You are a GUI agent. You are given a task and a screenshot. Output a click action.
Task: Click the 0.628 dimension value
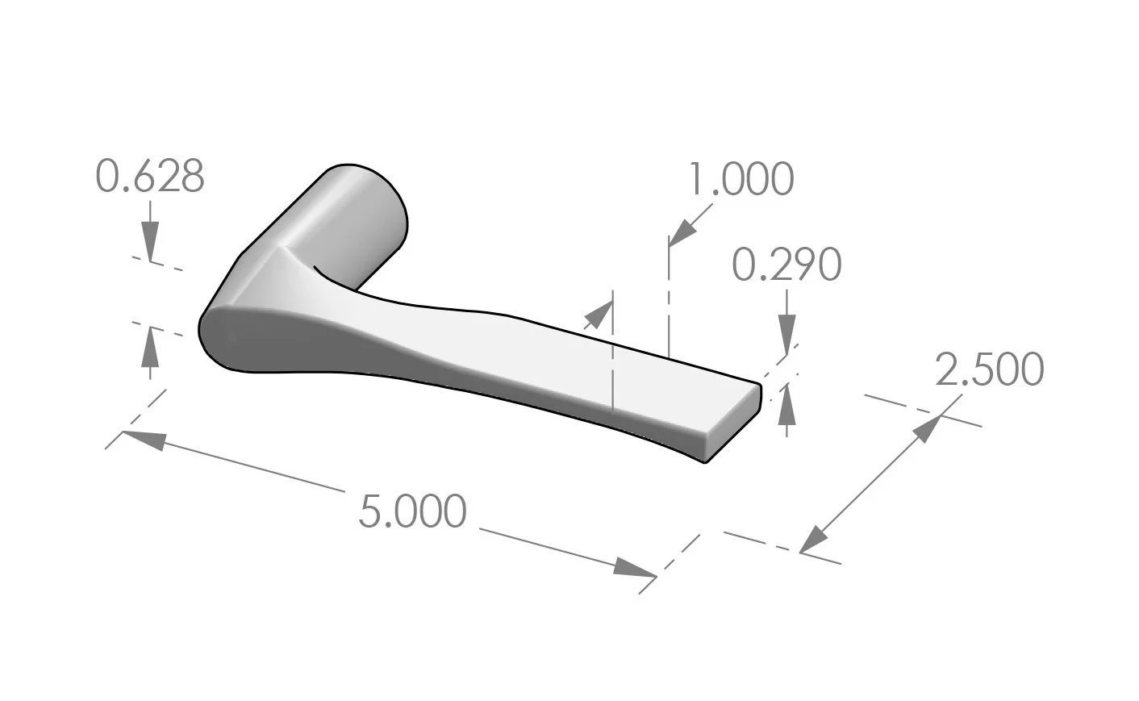(150, 177)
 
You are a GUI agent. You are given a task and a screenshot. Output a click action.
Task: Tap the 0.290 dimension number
(786, 265)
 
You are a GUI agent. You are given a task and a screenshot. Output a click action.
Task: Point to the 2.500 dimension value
(989, 369)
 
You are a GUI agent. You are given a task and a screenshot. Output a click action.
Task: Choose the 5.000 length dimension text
(412, 511)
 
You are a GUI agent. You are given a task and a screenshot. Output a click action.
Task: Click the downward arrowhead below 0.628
(150, 242)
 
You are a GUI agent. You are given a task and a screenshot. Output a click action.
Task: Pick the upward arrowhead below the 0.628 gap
(150, 344)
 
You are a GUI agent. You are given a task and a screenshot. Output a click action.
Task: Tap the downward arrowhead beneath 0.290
(787, 334)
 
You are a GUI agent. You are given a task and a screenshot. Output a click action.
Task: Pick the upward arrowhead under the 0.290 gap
(787, 403)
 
